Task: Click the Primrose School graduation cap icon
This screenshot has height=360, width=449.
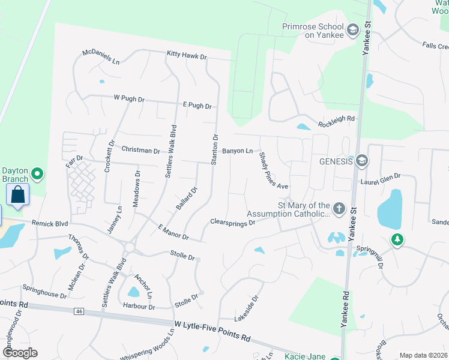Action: tap(353, 28)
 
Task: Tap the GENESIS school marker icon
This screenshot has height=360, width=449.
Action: tap(361, 161)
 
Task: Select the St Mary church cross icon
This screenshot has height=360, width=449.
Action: tap(339, 209)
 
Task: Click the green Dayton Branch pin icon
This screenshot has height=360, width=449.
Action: tap(37, 175)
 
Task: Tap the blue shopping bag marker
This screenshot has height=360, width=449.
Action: tap(18, 194)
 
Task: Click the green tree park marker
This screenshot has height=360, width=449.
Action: tap(396, 240)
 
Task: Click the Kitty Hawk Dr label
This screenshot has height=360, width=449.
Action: tap(187, 56)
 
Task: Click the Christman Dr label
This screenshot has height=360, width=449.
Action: tap(140, 151)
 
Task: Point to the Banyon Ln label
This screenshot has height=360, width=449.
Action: tap(238, 151)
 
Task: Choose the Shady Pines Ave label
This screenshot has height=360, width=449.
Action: tap(274, 170)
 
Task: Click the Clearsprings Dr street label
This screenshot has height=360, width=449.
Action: tap(233, 222)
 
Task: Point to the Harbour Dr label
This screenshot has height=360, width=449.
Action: tap(139, 307)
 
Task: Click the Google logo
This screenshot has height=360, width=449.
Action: tap(20, 353)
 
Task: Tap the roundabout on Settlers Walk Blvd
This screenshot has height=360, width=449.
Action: tap(129, 247)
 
